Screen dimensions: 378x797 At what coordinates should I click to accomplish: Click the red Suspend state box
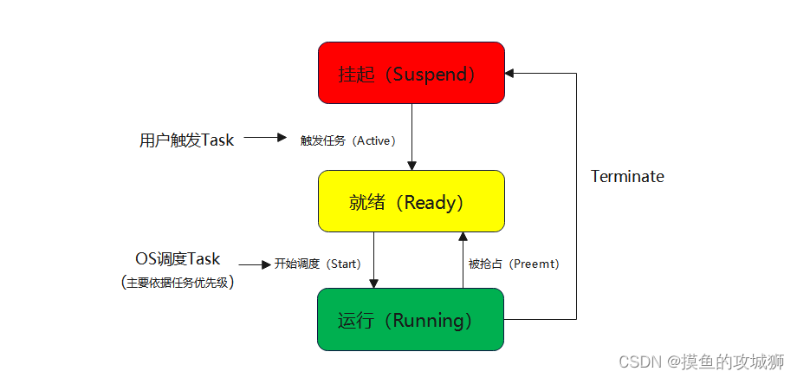411,73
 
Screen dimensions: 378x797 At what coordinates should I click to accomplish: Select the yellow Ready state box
411,201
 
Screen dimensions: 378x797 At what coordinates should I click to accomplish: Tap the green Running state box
411,320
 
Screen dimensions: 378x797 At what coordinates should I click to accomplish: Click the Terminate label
627,177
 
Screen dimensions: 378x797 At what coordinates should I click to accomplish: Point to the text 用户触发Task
186,140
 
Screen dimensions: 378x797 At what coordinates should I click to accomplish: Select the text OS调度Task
178,259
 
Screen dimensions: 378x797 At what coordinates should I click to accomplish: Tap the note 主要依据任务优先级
178,282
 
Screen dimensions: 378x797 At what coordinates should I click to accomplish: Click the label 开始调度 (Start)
317,264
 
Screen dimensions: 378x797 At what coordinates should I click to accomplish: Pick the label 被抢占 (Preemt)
514,264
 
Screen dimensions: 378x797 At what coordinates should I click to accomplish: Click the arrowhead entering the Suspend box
510,74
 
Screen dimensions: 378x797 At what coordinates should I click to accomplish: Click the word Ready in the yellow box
430,202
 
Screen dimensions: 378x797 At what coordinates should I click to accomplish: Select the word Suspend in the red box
430,74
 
